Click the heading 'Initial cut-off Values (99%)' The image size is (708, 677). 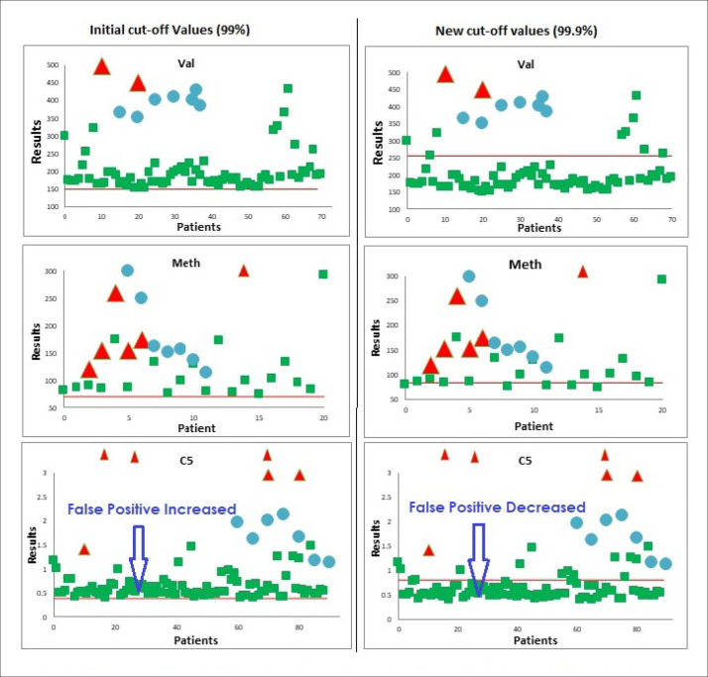coord(179,31)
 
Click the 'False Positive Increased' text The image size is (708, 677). coord(152,508)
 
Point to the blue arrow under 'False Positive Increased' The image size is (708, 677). coord(139,559)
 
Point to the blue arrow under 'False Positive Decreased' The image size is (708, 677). coord(480,559)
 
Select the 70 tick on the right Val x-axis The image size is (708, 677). coord(672,217)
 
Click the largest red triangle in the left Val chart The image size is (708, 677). coord(101,66)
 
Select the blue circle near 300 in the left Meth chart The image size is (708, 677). coord(127,271)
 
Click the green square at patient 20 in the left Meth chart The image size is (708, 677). coord(323,275)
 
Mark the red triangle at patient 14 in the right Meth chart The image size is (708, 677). coord(583,272)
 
